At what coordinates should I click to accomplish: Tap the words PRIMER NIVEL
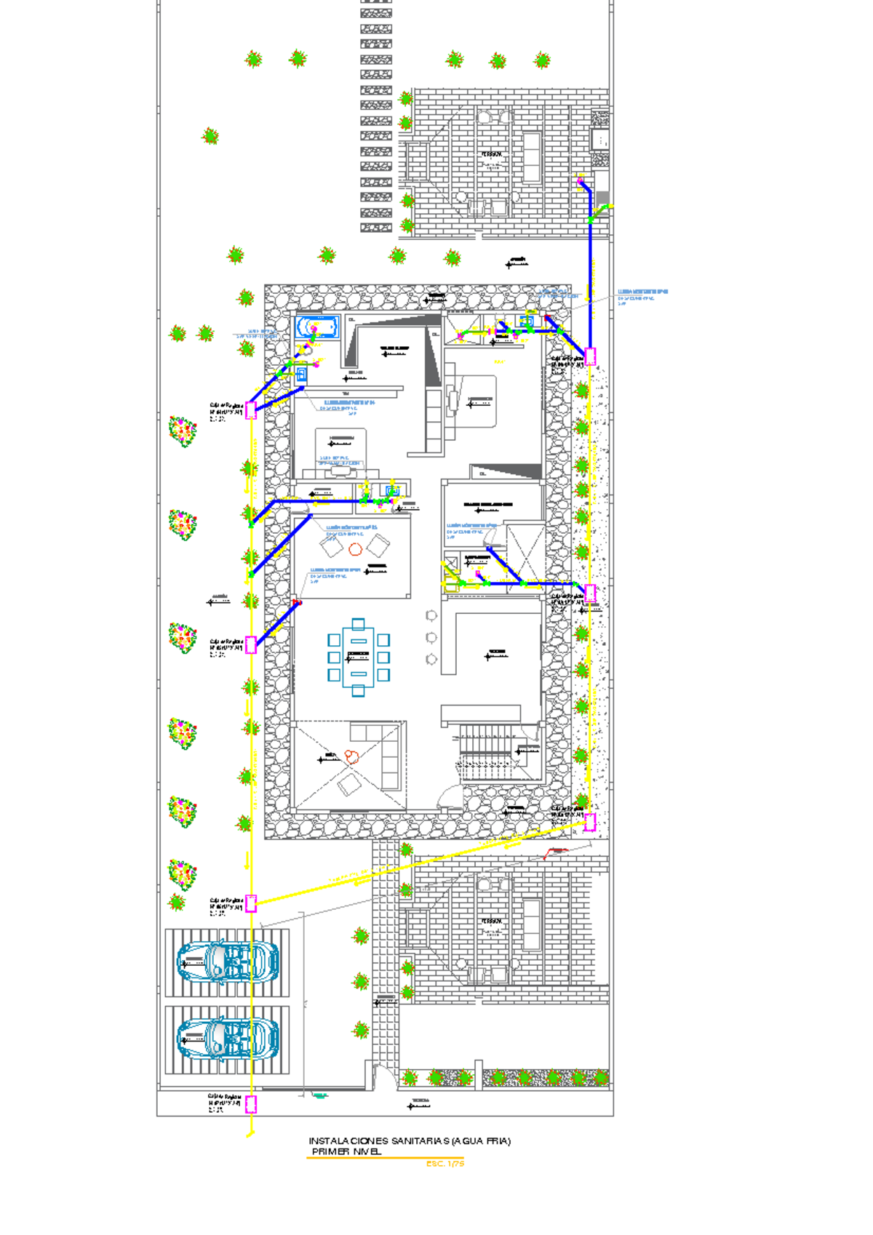[x=346, y=1152]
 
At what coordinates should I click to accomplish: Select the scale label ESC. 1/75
[x=445, y=1164]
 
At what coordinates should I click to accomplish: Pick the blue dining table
[x=359, y=658]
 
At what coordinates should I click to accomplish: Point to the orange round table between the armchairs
[x=355, y=549]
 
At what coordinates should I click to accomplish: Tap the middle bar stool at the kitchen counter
[x=431, y=637]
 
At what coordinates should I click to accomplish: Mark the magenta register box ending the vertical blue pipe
[x=590, y=356]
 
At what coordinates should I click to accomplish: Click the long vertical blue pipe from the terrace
[x=590, y=276]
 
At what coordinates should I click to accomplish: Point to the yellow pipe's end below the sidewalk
[x=251, y=1132]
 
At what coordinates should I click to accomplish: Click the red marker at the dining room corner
[x=296, y=602]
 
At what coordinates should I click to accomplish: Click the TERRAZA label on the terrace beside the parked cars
[x=491, y=922]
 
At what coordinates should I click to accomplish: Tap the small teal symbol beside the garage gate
[x=319, y=1095]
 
